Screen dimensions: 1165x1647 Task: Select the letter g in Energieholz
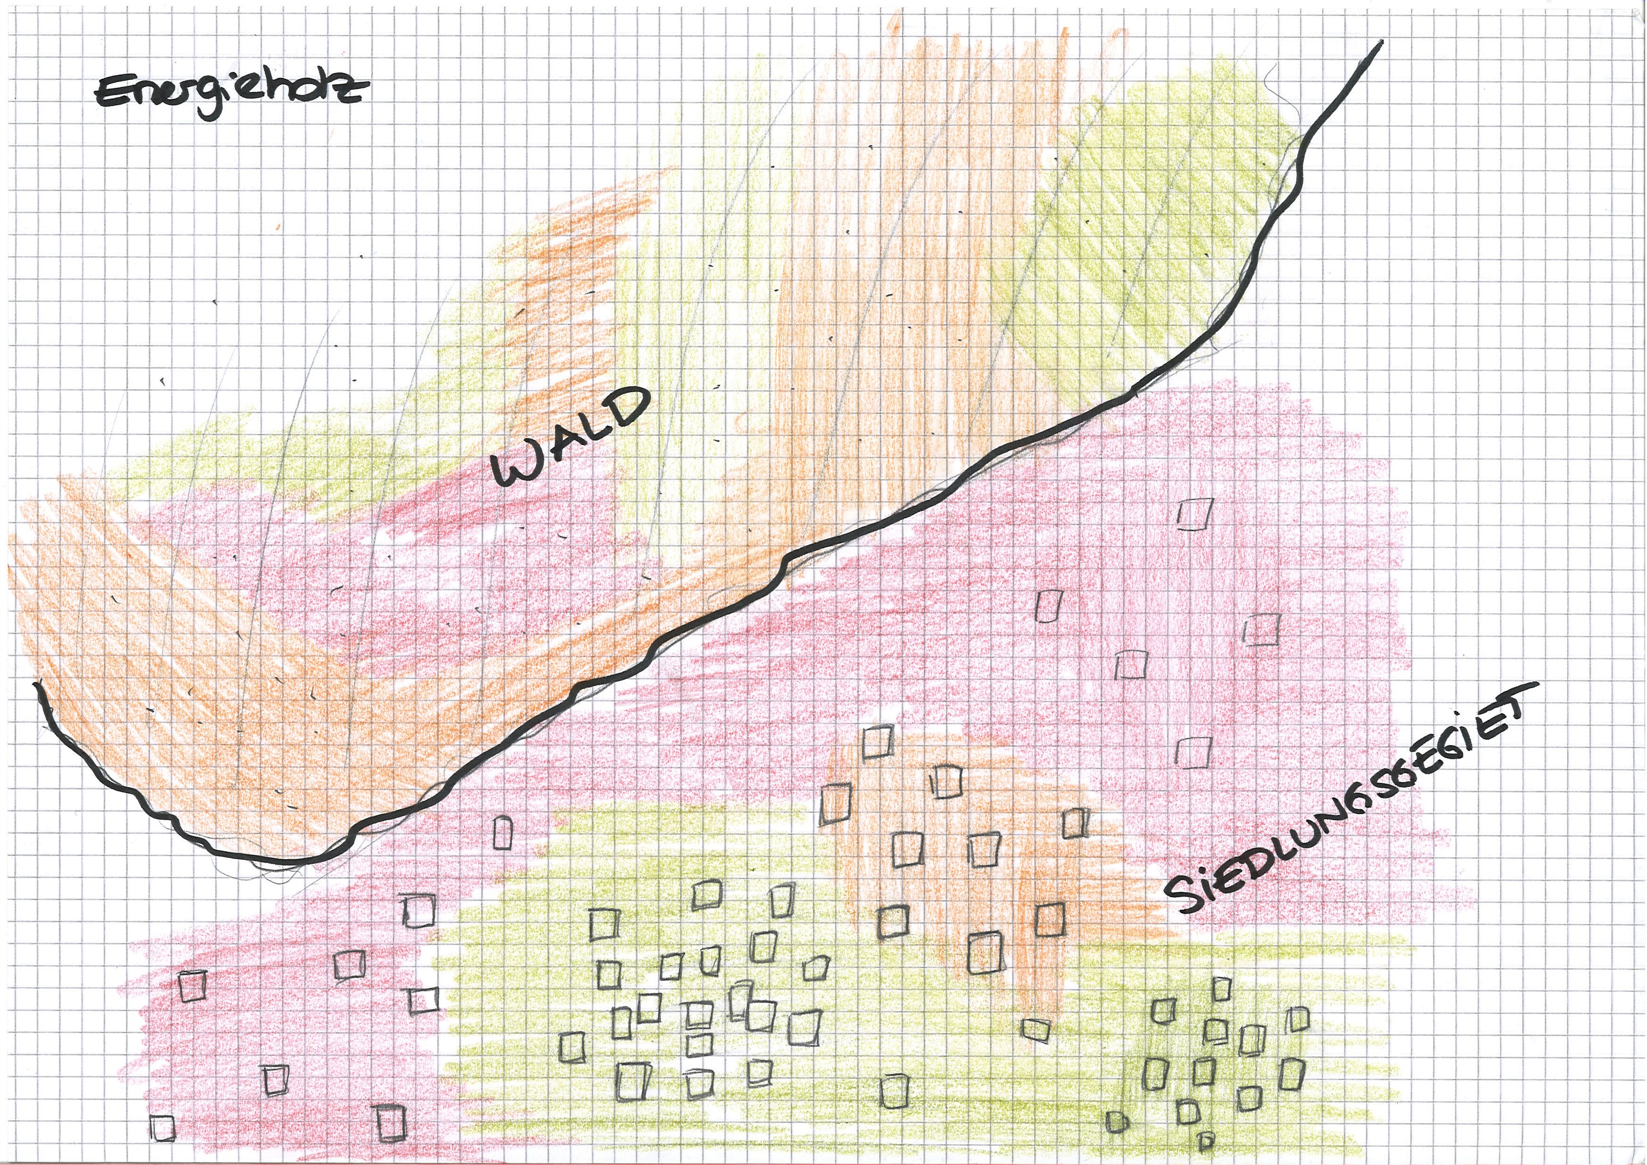coord(209,101)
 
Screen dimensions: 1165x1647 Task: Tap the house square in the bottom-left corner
coord(163,1127)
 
